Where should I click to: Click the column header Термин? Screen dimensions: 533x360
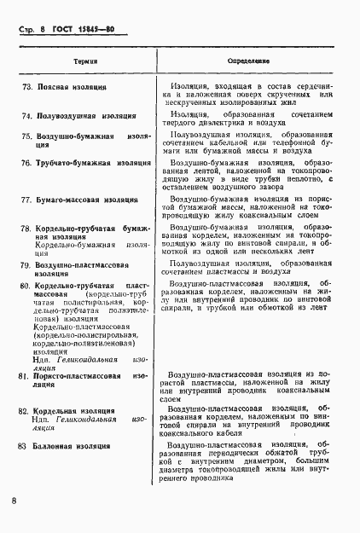(84, 62)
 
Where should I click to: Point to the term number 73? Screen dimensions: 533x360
(27, 88)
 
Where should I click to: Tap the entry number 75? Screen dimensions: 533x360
(27, 136)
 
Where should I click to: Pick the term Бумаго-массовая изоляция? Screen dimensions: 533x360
(85, 200)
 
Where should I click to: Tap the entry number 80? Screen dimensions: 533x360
(27, 284)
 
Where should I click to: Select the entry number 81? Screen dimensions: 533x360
(27, 376)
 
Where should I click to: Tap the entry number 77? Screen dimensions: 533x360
(27, 200)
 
